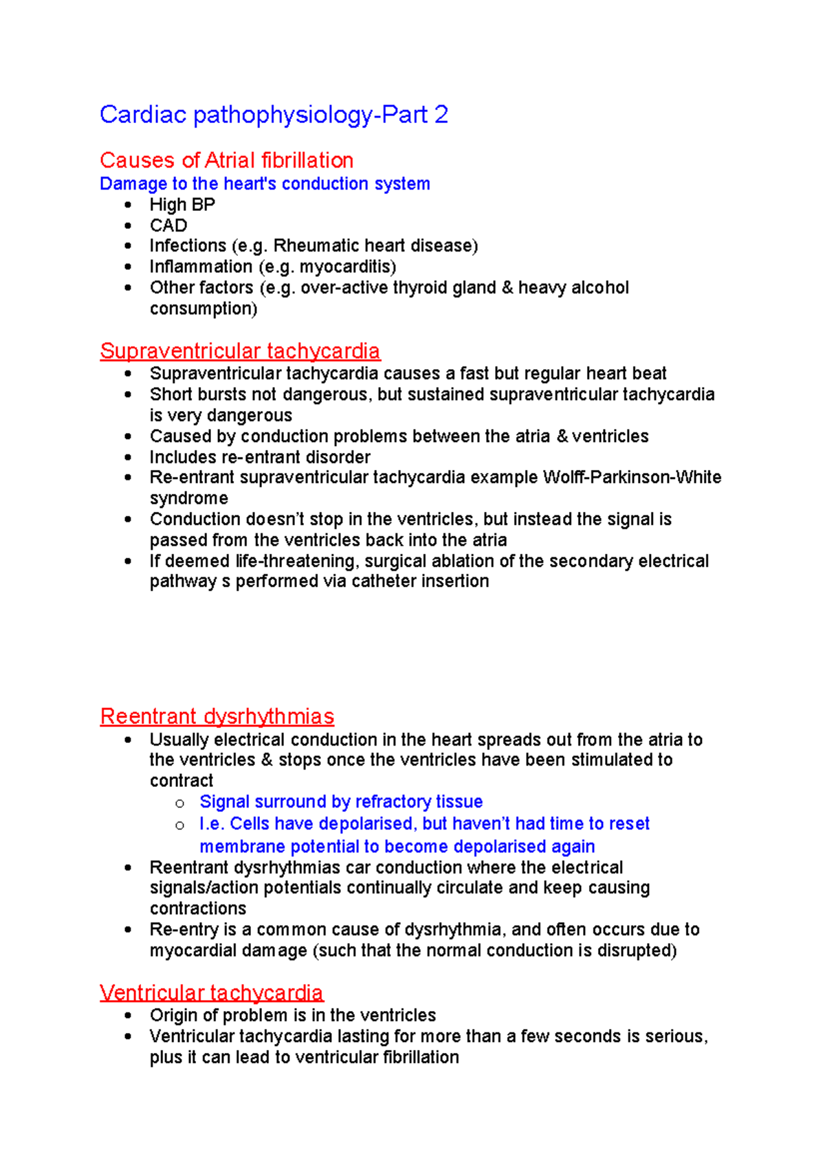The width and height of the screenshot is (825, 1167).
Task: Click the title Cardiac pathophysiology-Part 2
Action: (274, 115)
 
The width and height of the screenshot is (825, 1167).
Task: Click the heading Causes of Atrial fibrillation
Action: (226, 160)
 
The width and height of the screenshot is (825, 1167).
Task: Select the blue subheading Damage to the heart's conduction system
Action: (265, 184)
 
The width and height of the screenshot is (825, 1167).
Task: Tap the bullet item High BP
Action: (182, 205)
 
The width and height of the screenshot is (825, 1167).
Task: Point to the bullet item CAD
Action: (168, 225)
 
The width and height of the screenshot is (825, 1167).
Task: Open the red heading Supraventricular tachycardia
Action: (239, 351)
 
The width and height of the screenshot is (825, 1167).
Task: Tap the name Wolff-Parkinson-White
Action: (632, 478)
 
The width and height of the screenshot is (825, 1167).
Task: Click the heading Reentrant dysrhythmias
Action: (217, 716)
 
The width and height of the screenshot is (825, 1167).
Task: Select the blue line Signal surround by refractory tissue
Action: (341, 802)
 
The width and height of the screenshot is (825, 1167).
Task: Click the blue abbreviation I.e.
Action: (212, 824)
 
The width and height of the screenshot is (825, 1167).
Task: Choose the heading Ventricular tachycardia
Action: (211, 992)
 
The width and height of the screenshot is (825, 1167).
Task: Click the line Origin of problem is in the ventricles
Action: (293, 1015)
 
